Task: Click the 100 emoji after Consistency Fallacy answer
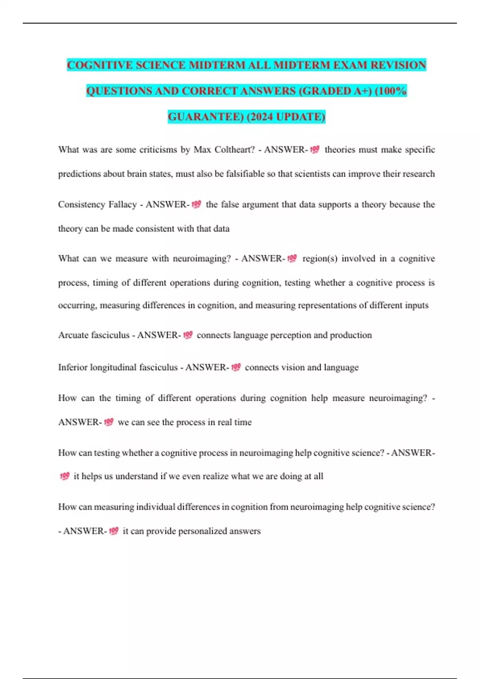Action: tap(196, 204)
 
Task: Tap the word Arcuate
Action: tap(74, 335)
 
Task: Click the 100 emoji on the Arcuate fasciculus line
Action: tap(188, 335)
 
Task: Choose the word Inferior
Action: tap(73, 367)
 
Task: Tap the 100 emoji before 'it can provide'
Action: tap(114, 531)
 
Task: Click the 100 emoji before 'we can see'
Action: tap(108, 422)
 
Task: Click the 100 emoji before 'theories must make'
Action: tap(315, 150)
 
